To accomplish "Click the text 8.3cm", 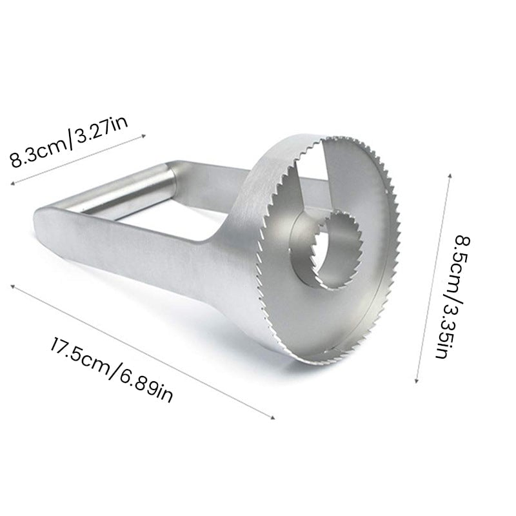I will pos(37,152).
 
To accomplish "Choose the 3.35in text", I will pos(445,329).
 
